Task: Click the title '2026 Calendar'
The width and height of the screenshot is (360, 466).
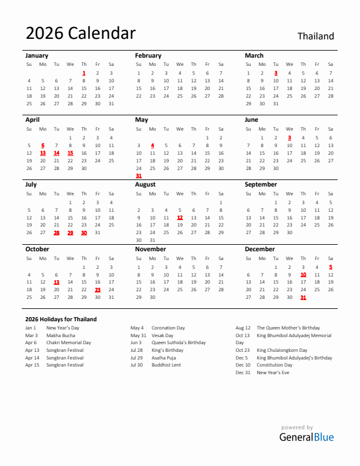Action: pyautogui.click(x=81, y=34)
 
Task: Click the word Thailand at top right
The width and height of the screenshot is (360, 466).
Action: pyautogui.click(x=315, y=36)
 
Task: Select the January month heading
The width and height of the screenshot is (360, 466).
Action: pyautogui.click(x=36, y=55)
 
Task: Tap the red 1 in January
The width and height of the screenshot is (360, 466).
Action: pyautogui.click(x=84, y=73)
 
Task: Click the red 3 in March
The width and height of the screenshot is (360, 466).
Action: pyautogui.click(x=276, y=73)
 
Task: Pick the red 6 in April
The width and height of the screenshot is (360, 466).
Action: pyautogui.click(x=43, y=145)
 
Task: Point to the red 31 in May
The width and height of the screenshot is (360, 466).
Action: pyautogui.click(x=139, y=175)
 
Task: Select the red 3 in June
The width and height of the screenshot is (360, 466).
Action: pyautogui.click(x=289, y=138)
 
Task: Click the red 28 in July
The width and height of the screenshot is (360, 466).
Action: pyautogui.click(x=56, y=232)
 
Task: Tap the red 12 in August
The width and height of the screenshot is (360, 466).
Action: pyautogui.click(x=180, y=218)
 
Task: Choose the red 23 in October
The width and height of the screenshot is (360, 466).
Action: pyautogui.click(x=98, y=289)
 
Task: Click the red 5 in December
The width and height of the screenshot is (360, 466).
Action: pyautogui.click(x=331, y=267)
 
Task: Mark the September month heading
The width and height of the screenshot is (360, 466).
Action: pyautogui.click(x=261, y=184)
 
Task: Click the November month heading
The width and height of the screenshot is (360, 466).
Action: pyautogui.click(x=151, y=249)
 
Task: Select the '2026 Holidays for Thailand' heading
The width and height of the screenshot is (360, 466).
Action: pyautogui.click(x=61, y=319)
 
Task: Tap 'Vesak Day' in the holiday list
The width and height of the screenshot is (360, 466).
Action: pyautogui.click(x=162, y=335)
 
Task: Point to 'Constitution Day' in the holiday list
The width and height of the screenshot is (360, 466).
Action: pyautogui.click(x=274, y=365)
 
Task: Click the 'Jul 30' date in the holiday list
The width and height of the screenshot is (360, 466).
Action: pyautogui.click(x=136, y=365)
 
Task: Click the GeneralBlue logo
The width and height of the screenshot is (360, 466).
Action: pyautogui.click(x=306, y=437)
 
